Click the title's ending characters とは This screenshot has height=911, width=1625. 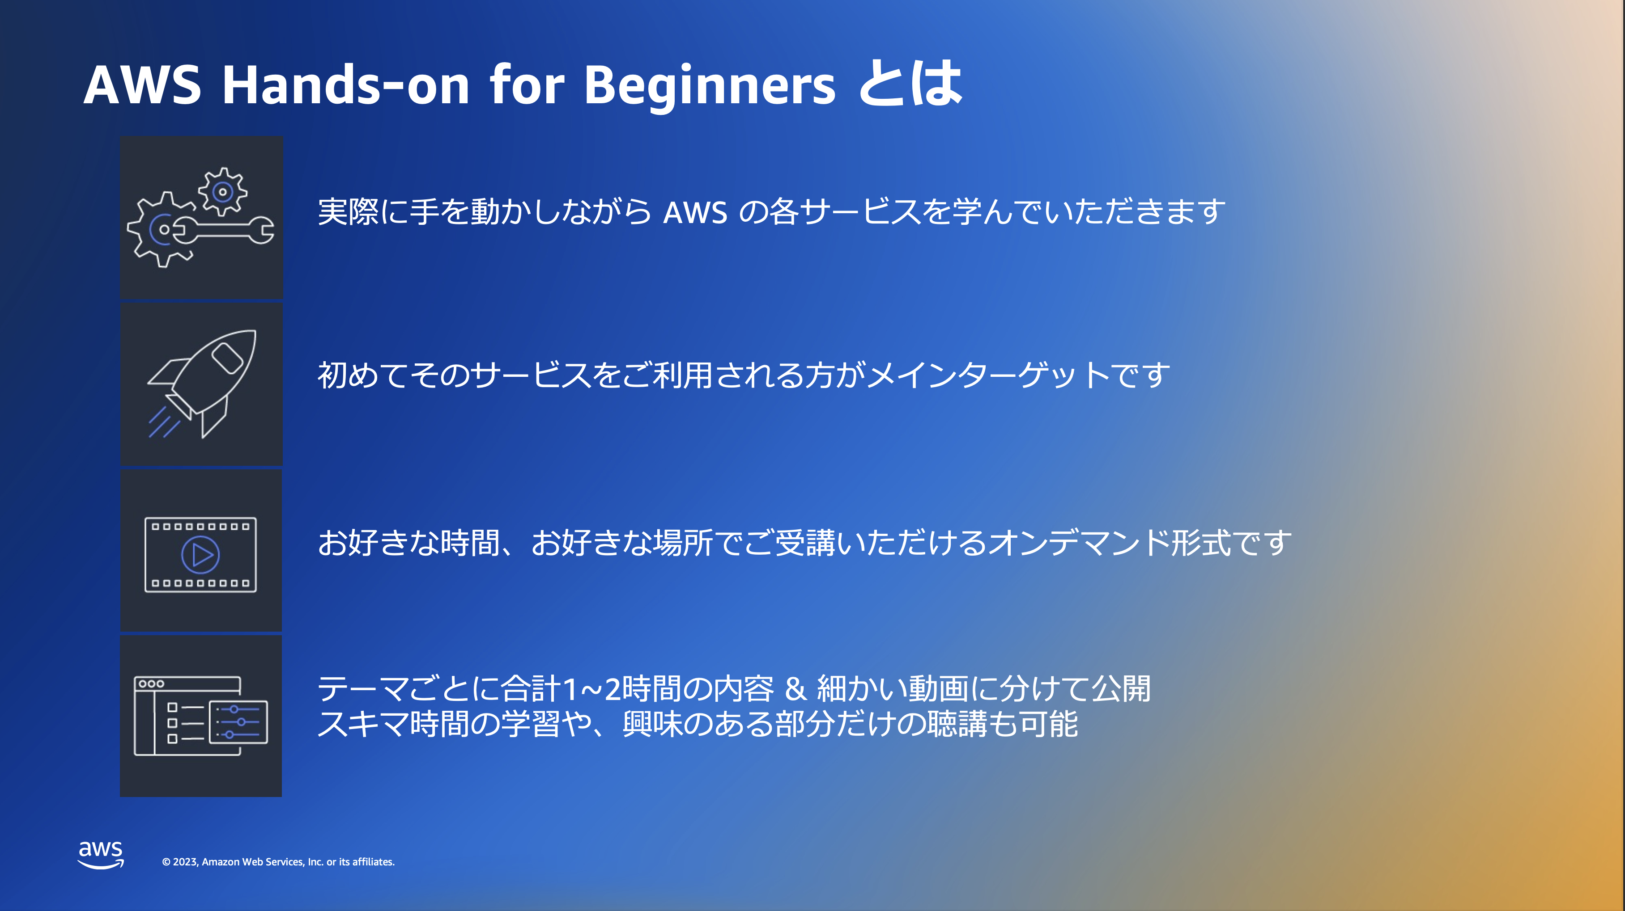(910, 83)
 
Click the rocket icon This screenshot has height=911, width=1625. (202, 384)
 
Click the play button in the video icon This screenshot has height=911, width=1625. (200, 555)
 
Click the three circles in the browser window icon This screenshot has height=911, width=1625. (151, 683)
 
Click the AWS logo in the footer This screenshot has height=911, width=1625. (101, 855)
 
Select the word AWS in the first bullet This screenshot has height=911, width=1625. (695, 212)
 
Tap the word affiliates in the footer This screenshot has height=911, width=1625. (373, 862)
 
